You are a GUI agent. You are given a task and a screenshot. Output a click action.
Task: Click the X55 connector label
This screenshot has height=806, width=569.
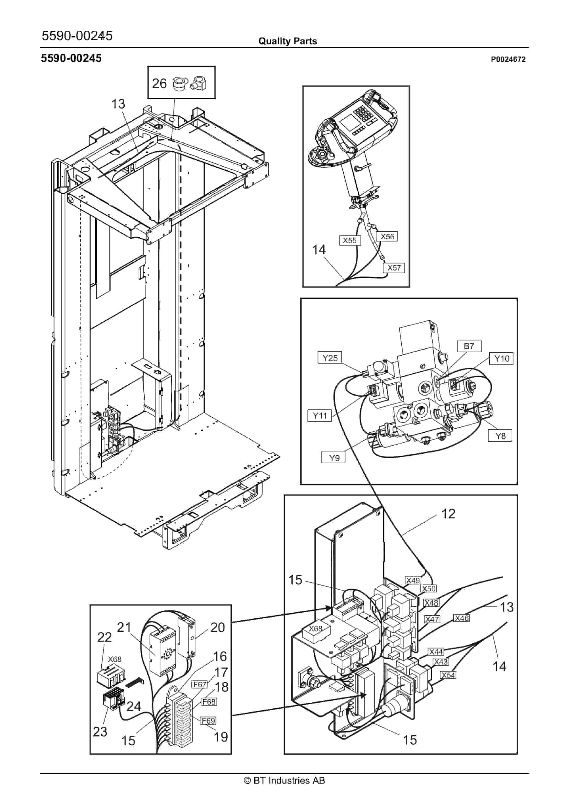[350, 241]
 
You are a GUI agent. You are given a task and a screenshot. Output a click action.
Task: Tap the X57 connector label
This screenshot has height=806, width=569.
[394, 268]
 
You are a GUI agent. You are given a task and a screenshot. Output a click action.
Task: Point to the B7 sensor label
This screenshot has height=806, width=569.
[469, 346]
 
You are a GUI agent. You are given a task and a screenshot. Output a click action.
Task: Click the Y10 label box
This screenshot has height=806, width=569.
[502, 358]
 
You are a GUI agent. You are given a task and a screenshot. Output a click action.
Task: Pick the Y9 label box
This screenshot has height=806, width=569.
[333, 458]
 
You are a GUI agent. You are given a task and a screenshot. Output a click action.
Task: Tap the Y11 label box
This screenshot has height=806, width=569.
[320, 416]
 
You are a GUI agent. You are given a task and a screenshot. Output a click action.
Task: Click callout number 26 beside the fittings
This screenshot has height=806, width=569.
[159, 84]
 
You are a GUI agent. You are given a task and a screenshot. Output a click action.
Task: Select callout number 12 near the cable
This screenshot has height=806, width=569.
[448, 514]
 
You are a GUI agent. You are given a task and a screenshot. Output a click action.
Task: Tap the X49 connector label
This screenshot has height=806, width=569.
[413, 580]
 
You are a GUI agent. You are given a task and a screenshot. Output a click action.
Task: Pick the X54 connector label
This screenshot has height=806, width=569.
[448, 675]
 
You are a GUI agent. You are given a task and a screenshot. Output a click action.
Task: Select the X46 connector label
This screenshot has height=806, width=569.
[462, 618]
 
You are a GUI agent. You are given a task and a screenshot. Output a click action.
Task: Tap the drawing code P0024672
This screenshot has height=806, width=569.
[508, 59]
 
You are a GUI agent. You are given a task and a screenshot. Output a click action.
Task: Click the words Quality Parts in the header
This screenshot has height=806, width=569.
[288, 41]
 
